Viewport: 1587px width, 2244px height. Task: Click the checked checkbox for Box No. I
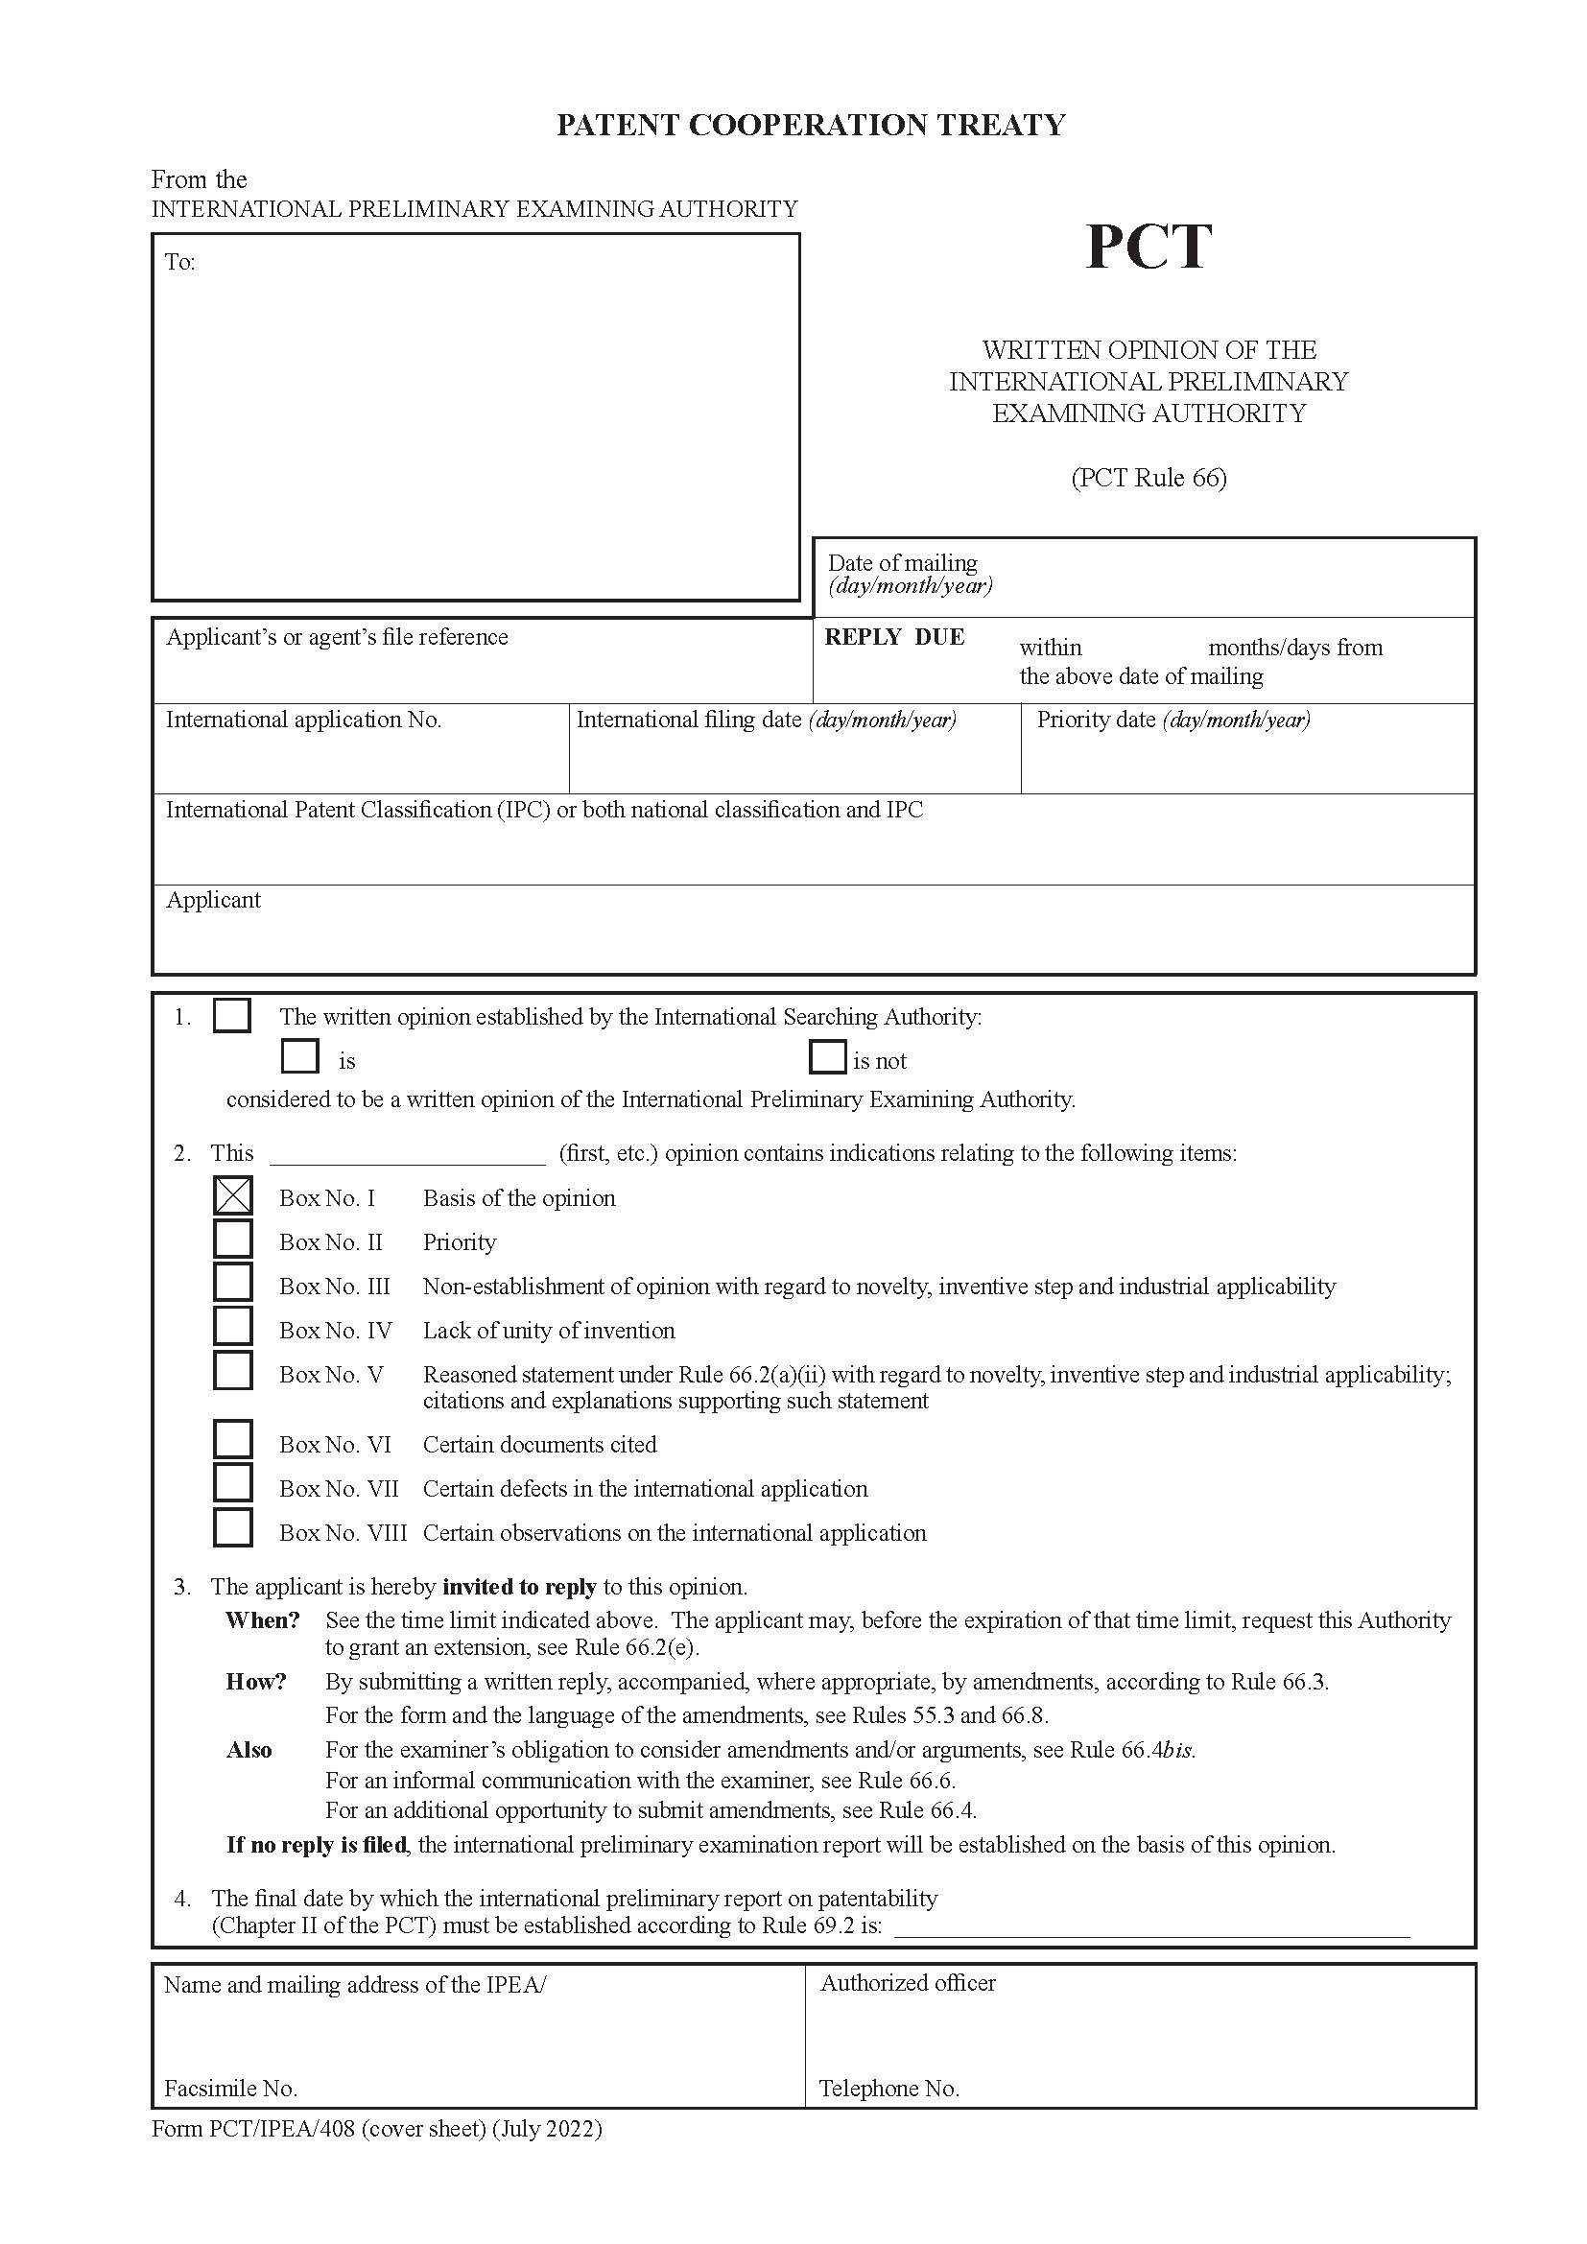[x=232, y=1195]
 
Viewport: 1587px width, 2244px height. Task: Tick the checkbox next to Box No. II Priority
[x=232, y=1240]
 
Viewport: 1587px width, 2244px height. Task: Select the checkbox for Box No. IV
[x=232, y=1327]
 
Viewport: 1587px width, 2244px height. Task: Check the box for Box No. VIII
[x=232, y=1528]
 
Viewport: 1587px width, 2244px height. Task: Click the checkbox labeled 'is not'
[x=827, y=1057]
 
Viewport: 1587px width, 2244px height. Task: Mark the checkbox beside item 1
[x=231, y=1015]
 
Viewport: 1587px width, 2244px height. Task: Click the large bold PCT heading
[x=1149, y=247]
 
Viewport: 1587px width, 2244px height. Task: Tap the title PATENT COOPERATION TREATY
[x=810, y=125]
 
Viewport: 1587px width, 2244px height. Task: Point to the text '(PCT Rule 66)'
[x=1149, y=478]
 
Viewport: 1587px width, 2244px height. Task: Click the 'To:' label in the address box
[x=179, y=262]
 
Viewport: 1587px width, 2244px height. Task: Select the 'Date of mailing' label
[x=902, y=563]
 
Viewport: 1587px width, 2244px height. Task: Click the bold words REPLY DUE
[x=894, y=637]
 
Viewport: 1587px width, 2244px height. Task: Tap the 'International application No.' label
[x=303, y=720]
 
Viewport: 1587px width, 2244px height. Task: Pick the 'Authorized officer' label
[x=907, y=1983]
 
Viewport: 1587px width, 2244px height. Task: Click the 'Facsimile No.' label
[x=230, y=2089]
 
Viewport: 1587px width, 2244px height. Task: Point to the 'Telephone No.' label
[x=888, y=2089]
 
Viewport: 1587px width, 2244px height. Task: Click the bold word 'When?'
[x=262, y=1620]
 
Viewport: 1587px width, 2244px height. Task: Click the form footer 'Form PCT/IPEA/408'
[x=376, y=2128]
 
